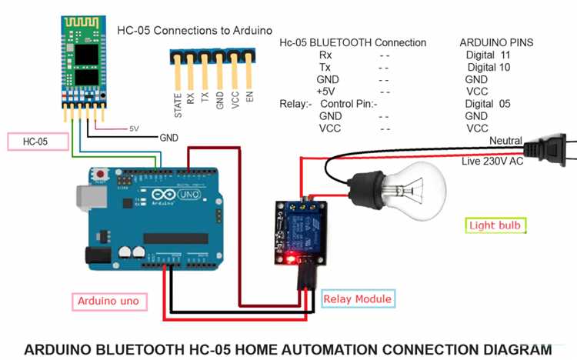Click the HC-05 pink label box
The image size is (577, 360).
click(x=36, y=142)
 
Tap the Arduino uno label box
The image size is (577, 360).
click(x=108, y=301)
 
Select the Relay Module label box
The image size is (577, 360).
click(x=357, y=298)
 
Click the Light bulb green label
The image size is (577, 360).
click(x=497, y=225)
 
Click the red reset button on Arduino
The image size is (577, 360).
click(x=101, y=175)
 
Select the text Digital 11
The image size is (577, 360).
click(x=488, y=55)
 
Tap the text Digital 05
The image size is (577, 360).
click(x=488, y=104)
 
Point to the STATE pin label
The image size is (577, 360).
click(x=178, y=103)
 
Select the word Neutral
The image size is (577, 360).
click(x=505, y=142)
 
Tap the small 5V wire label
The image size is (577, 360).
click(x=134, y=128)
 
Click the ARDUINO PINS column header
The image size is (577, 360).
click(x=495, y=42)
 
